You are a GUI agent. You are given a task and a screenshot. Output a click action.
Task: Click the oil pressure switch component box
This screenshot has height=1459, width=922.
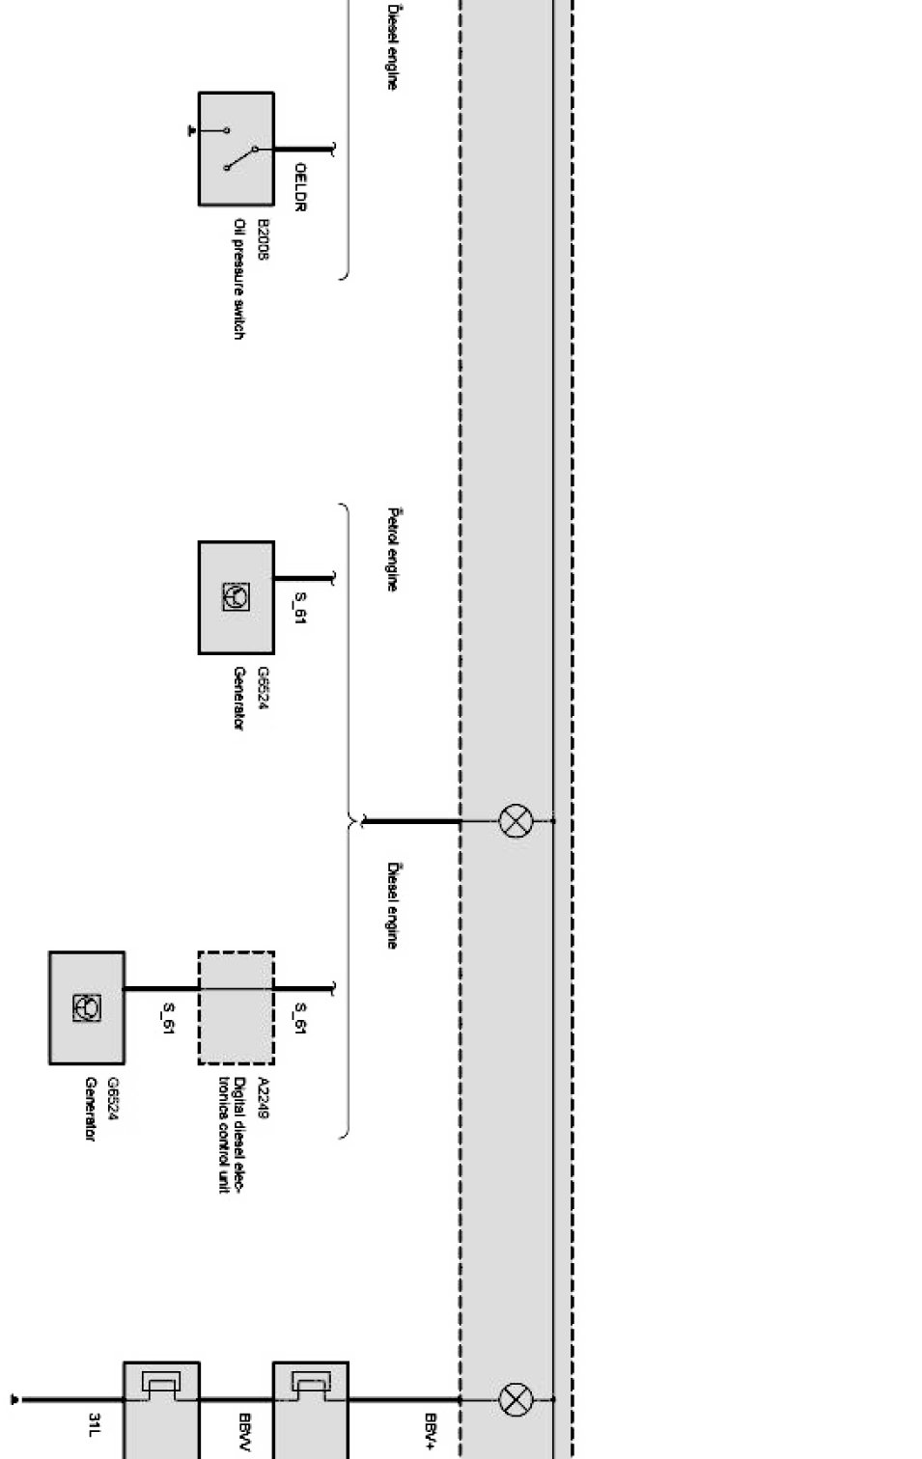[x=236, y=149]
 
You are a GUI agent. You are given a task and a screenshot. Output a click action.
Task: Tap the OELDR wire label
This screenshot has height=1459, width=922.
[x=300, y=186]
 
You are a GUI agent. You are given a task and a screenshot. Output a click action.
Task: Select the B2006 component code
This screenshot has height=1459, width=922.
[x=263, y=239]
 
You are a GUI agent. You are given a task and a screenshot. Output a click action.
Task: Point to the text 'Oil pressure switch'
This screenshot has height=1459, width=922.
[x=238, y=278]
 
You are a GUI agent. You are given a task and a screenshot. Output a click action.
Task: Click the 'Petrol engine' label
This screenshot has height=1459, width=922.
[x=392, y=549]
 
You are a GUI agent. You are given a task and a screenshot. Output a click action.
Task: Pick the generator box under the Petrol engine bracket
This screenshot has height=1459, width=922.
[x=236, y=597]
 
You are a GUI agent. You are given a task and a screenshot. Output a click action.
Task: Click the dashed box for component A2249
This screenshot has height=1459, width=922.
[x=236, y=1007]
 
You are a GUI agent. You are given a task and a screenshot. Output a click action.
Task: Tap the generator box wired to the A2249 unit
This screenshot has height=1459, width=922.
[x=87, y=1007]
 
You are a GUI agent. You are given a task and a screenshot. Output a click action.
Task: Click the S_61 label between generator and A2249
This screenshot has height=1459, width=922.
[x=168, y=1018]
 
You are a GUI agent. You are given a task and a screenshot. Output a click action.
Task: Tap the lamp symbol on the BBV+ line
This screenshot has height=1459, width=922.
[x=516, y=1398]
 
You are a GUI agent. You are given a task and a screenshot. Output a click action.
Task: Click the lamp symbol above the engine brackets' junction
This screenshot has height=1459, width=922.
[x=516, y=821]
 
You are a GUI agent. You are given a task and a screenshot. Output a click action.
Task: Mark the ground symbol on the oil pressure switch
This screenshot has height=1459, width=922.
[x=192, y=129]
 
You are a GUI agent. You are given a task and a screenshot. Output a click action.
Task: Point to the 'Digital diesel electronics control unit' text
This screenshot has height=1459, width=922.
[x=232, y=1135]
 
